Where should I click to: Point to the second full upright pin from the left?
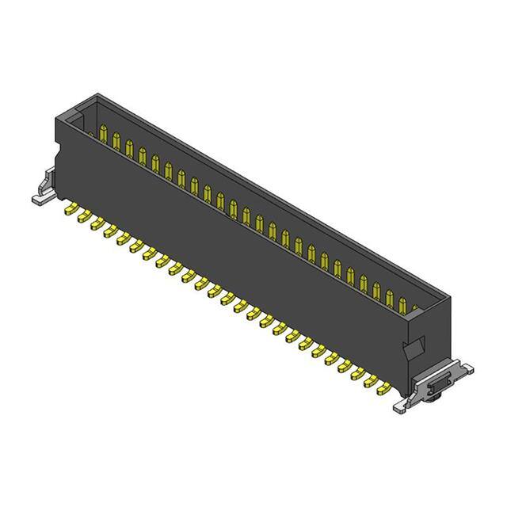pos(116,140)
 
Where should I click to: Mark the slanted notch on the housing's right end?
pos(413,346)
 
